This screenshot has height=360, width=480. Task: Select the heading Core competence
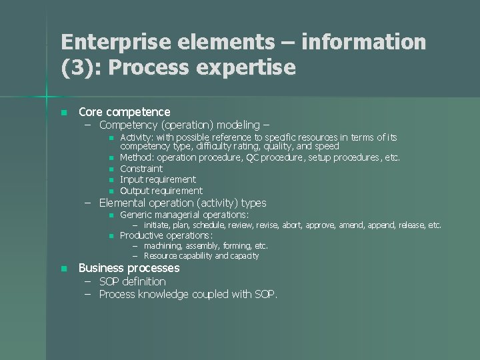125,112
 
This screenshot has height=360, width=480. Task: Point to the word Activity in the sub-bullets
137,137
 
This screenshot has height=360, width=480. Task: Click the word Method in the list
135,158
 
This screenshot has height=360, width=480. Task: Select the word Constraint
141,169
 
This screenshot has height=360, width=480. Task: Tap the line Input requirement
158,179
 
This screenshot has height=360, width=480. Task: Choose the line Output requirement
161,191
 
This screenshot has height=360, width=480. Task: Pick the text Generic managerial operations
184,215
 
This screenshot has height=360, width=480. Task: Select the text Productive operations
166,235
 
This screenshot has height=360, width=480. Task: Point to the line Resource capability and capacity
201,255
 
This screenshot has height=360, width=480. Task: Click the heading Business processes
129,268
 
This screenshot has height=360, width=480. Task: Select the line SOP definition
133,281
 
